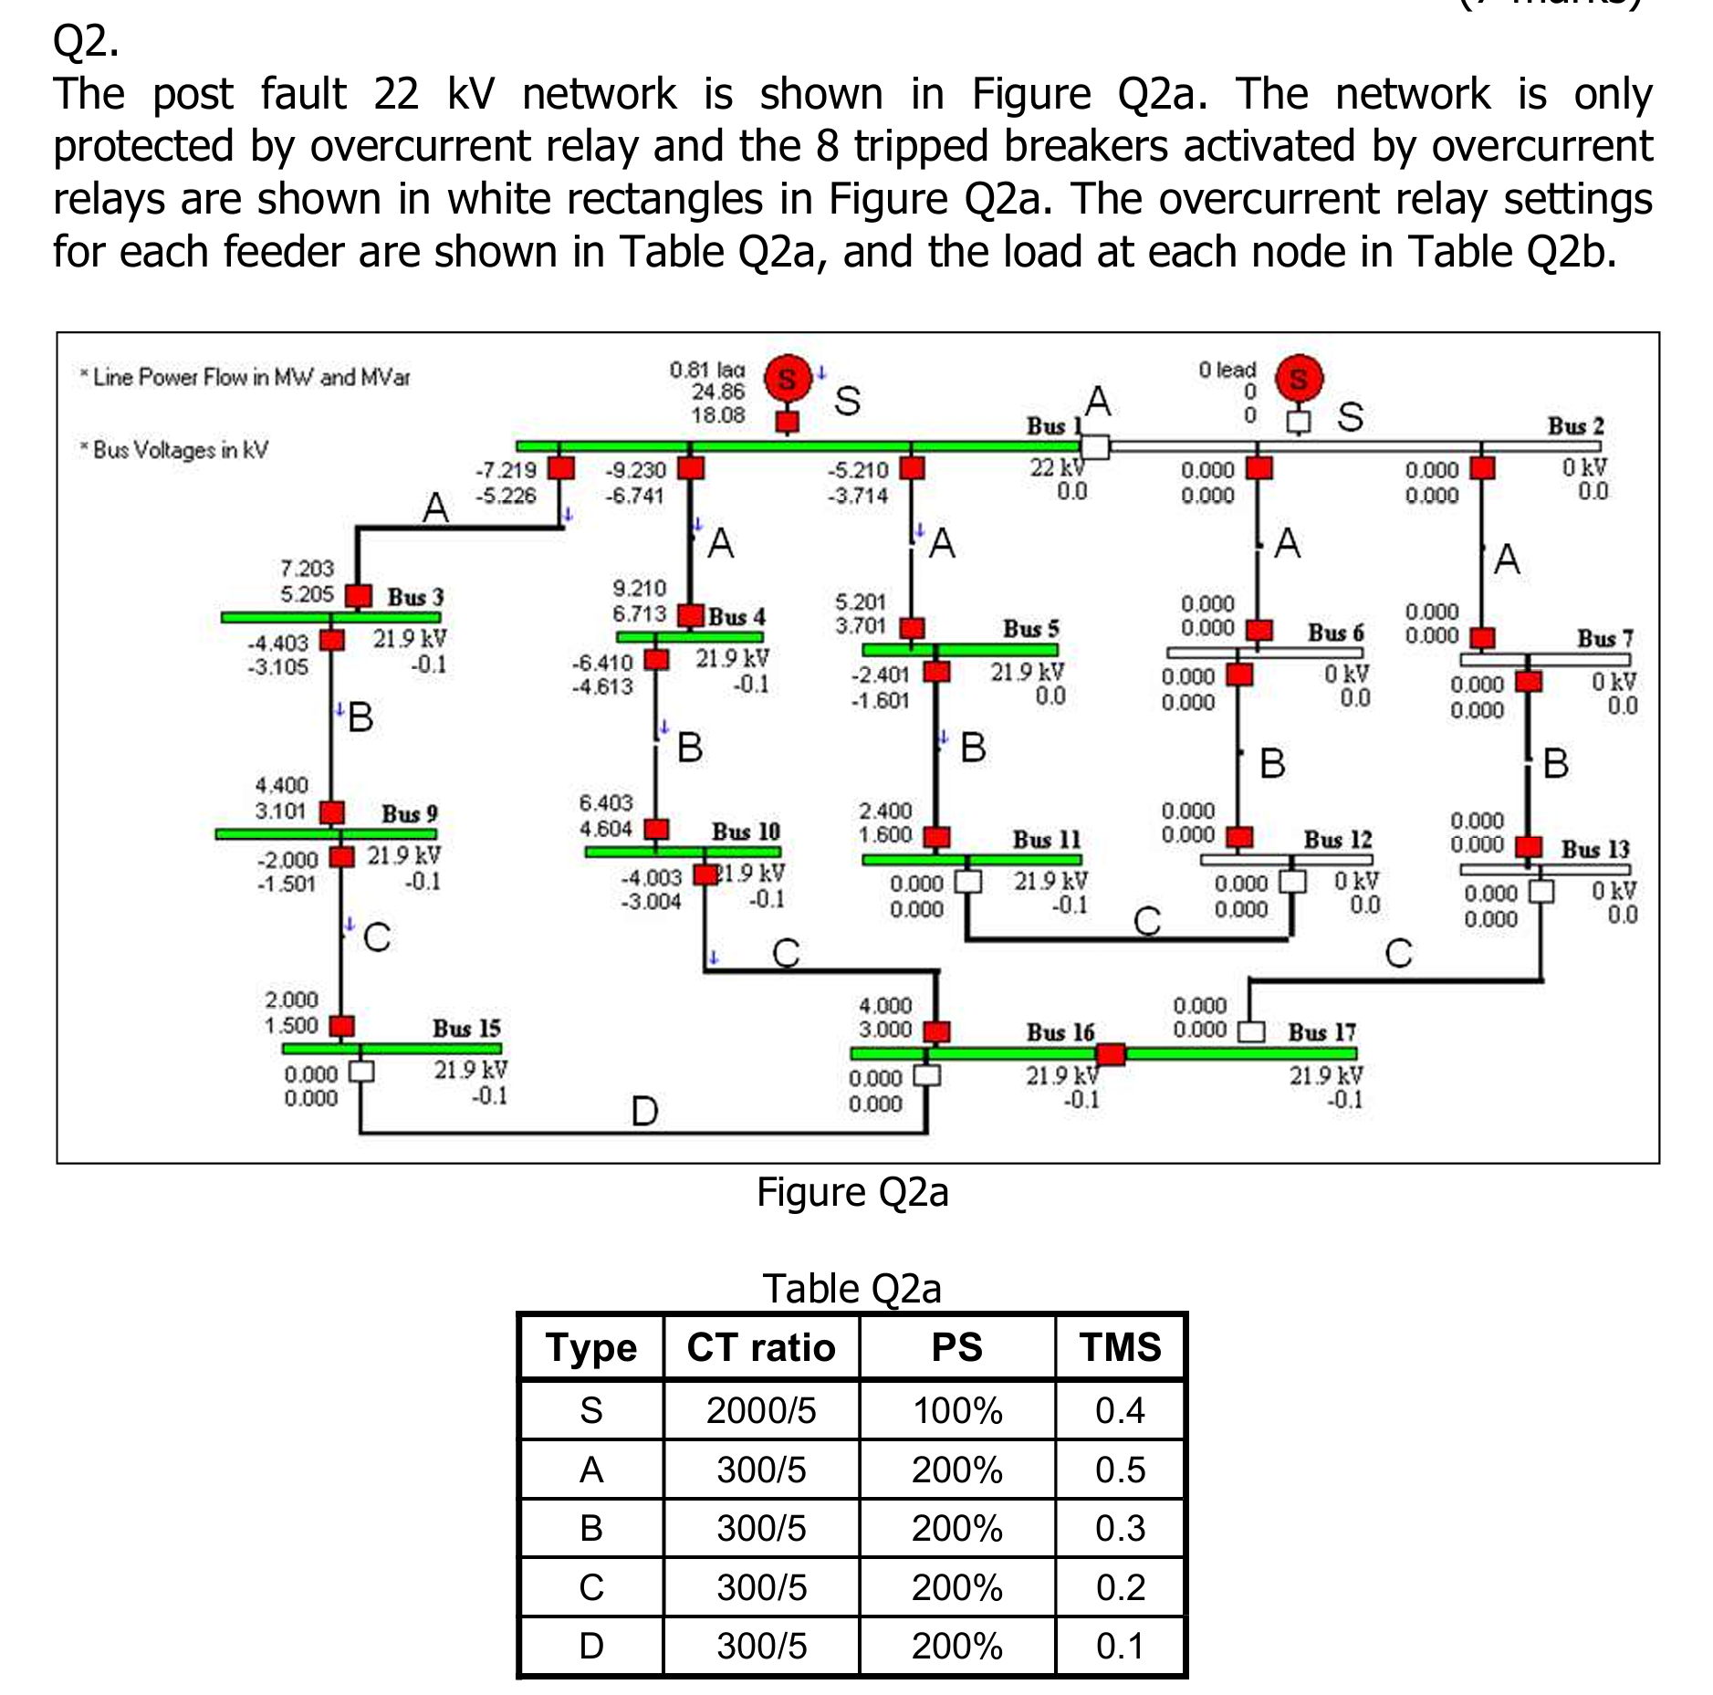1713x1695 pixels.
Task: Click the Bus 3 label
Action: pyautogui.click(x=415, y=597)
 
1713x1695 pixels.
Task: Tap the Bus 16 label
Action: pyautogui.click(x=1060, y=1032)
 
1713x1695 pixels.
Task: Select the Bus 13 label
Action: pyautogui.click(x=1594, y=849)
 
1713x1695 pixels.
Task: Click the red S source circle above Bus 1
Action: pyautogui.click(x=787, y=379)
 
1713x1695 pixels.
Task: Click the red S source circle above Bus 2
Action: pyautogui.click(x=1299, y=379)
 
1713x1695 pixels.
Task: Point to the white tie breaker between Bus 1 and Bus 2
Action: pyautogui.click(x=1094, y=446)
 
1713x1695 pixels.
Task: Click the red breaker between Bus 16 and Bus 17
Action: pyautogui.click(x=1111, y=1054)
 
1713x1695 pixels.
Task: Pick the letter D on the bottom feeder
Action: pyautogui.click(x=644, y=1111)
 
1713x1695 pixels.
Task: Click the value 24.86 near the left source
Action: pyautogui.click(x=718, y=392)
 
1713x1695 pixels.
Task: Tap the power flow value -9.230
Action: pyautogui.click(x=636, y=470)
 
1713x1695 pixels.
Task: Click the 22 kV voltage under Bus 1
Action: pyautogui.click(x=1057, y=467)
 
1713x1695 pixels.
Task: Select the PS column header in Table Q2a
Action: pyautogui.click(x=956, y=1347)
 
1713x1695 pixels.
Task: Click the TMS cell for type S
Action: pyautogui.click(x=1120, y=1410)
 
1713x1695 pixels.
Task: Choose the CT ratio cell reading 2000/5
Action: pyautogui.click(x=761, y=1410)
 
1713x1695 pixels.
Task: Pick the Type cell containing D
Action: pyautogui.click(x=591, y=1646)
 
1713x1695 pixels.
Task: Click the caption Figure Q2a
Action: pyautogui.click(x=852, y=1192)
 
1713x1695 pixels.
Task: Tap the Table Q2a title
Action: pyautogui.click(x=851, y=1288)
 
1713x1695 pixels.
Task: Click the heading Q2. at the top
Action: pyautogui.click(x=86, y=41)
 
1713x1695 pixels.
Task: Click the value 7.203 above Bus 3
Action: pyautogui.click(x=307, y=569)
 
